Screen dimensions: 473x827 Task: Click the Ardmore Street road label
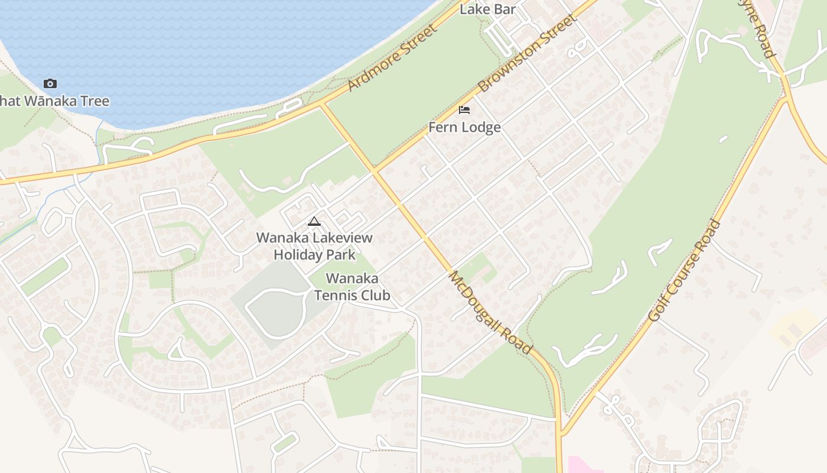(x=392, y=58)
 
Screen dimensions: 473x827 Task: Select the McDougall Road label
(x=490, y=312)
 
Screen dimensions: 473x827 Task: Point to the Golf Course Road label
(x=685, y=271)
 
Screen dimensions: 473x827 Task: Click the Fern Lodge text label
(x=464, y=127)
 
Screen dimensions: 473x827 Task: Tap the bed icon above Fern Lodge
(x=464, y=110)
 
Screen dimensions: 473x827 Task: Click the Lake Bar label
(x=488, y=9)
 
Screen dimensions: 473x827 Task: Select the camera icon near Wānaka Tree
(x=50, y=84)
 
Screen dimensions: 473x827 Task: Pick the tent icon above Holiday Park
(x=314, y=222)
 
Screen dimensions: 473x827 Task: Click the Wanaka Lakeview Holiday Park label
(x=314, y=246)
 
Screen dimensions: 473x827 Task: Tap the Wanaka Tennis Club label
(x=352, y=286)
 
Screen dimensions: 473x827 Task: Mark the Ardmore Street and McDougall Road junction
(x=322, y=105)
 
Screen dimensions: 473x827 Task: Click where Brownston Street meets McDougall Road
(x=374, y=171)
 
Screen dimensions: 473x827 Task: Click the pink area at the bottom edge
(x=582, y=465)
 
